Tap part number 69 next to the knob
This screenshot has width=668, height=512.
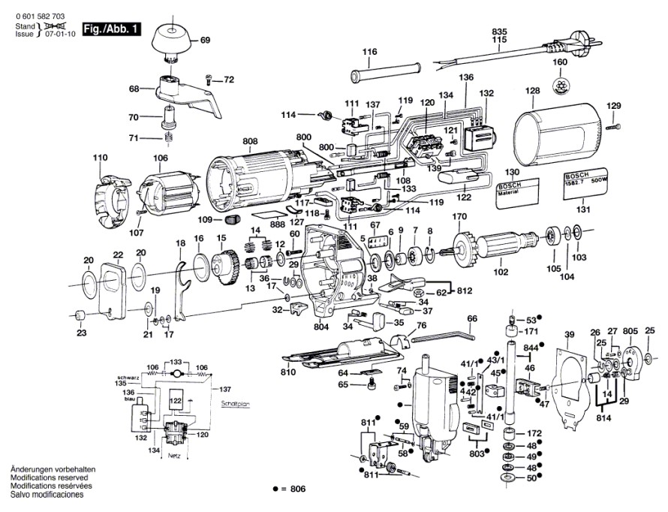[x=205, y=39]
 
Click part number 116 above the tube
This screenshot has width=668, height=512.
[x=369, y=52]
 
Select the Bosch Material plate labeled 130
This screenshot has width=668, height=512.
[x=518, y=193]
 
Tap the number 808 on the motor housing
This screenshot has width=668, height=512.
[x=250, y=141]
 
